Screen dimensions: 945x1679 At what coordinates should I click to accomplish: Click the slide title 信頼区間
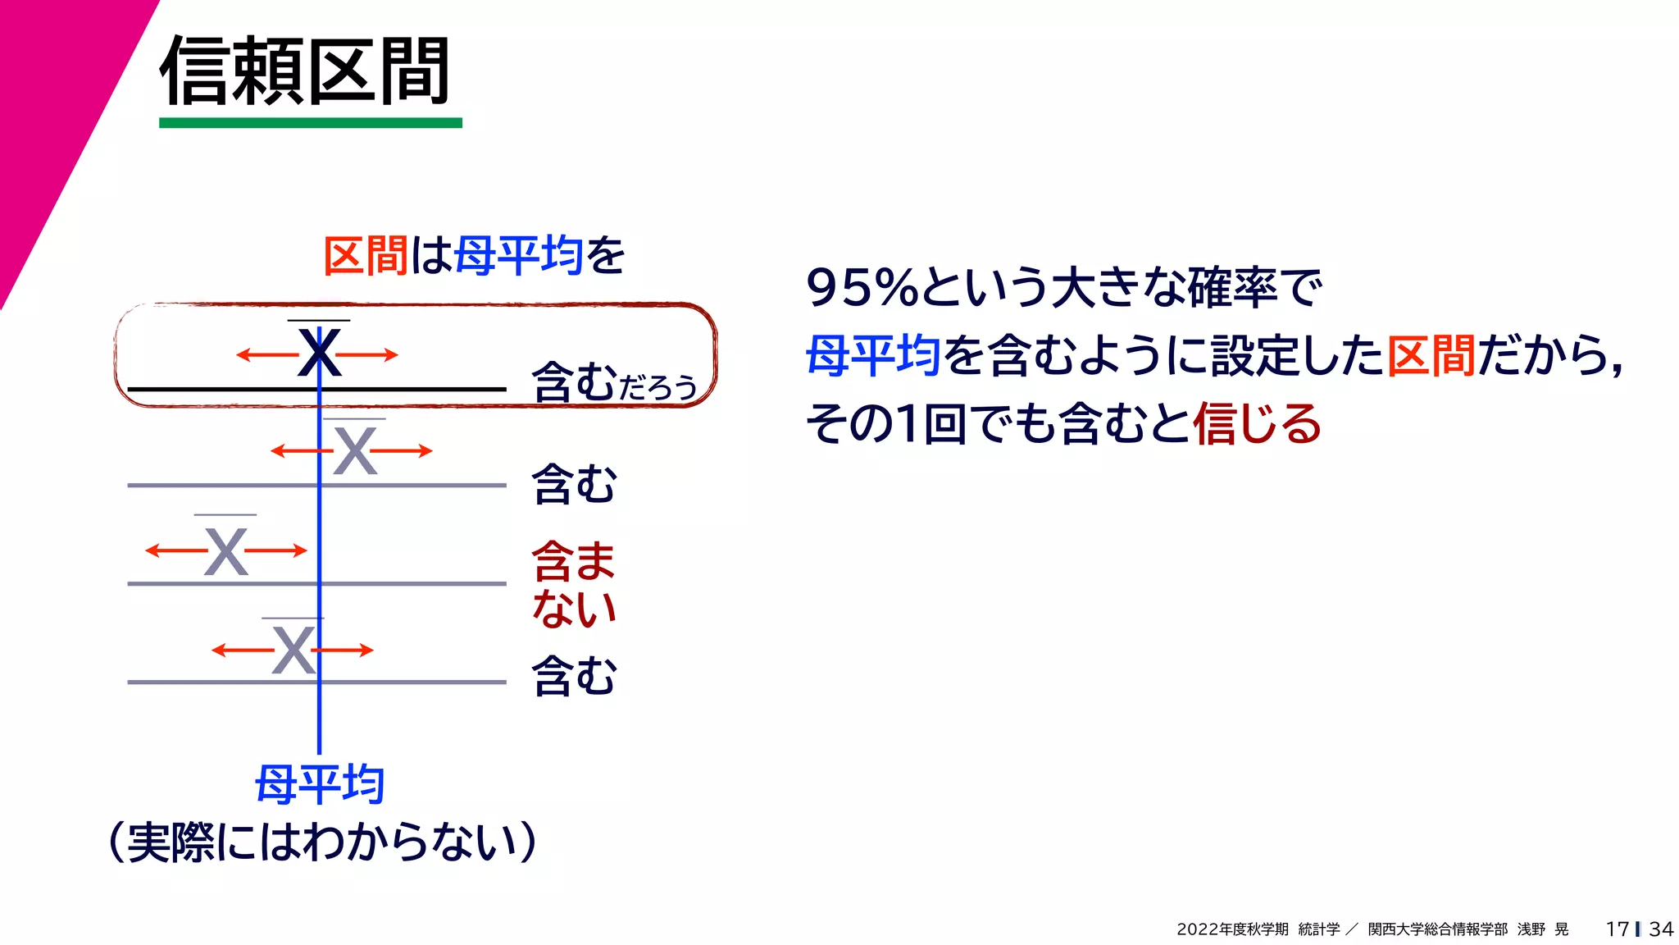coord(305,72)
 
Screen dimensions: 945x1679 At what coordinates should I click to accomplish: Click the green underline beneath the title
coord(310,123)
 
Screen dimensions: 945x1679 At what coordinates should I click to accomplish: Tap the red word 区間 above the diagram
coord(366,255)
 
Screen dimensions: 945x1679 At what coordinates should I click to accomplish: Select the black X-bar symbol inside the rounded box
coord(319,353)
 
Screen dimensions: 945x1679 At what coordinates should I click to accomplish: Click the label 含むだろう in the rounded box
coord(614,383)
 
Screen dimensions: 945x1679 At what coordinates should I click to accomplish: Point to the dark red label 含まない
coord(573,584)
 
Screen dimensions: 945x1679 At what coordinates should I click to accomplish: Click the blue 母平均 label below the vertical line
coord(320,784)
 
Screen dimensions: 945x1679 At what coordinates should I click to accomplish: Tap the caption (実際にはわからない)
coord(322,842)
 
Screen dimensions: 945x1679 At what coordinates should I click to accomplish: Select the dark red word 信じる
coord(1257,424)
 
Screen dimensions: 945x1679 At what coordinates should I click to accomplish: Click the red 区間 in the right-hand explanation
coord(1431,356)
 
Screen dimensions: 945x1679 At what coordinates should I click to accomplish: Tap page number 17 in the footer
coord(1617,929)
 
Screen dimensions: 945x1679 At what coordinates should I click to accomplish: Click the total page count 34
coord(1661,929)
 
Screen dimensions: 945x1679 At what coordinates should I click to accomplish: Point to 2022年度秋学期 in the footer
coord(1232,929)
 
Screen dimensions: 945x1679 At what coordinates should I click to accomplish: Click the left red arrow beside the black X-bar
coord(266,355)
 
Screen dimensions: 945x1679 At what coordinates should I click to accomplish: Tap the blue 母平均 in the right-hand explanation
coord(873,356)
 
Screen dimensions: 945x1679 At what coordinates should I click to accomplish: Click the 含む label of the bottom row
coord(574,677)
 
